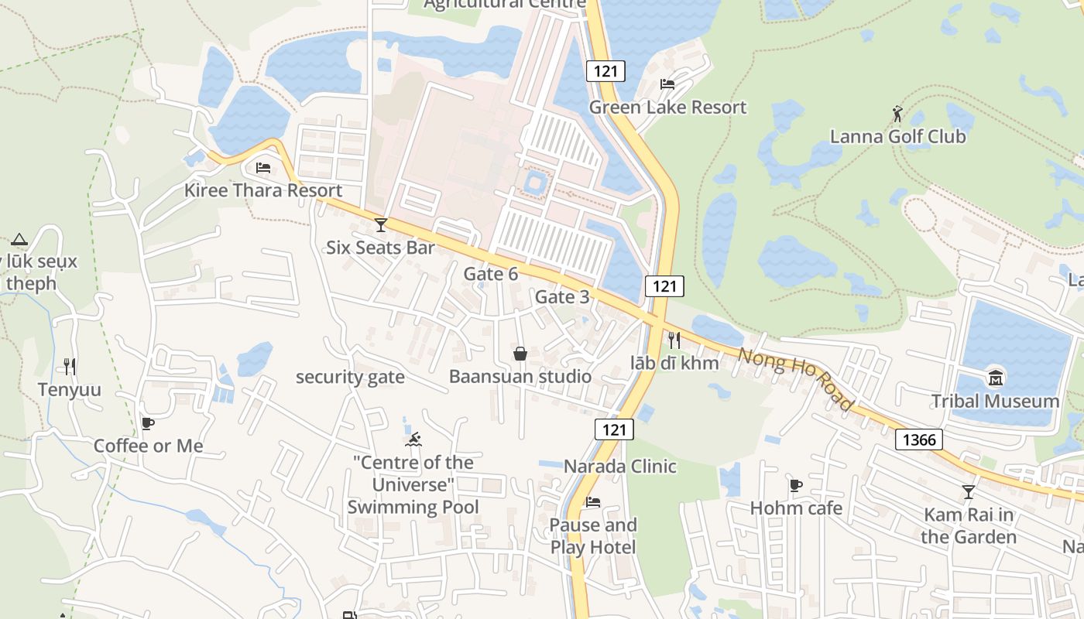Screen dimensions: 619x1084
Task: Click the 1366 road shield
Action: tap(919, 440)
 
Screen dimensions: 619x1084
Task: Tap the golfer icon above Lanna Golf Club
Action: tap(897, 114)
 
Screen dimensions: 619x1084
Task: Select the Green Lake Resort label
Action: tap(667, 107)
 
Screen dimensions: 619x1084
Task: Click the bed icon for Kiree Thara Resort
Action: tap(263, 167)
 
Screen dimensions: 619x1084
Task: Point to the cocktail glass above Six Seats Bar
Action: tap(380, 224)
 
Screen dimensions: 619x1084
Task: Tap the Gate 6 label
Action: tap(490, 274)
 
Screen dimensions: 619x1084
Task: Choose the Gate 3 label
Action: tap(562, 297)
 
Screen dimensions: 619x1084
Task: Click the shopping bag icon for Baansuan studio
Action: tap(520, 354)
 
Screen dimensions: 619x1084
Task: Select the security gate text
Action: tap(350, 377)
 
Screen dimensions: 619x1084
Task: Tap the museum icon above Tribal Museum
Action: tap(995, 378)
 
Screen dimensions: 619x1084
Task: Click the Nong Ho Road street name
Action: tap(796, 379)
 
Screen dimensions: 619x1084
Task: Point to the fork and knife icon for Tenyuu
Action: tap(70, 366)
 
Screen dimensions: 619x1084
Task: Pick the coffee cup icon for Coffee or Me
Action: tap(147, 423)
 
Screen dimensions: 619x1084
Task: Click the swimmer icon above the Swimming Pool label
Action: tap(413, 439)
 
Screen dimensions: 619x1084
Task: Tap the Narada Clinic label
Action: tap(619, 467)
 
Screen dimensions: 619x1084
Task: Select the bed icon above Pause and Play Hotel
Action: tap(592, 502)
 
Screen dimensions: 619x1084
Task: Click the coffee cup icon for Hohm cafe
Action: tap(795, 485)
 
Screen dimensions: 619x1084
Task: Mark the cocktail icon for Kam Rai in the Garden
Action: tap(968, 491)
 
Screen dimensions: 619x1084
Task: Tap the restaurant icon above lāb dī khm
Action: tap(674, 340)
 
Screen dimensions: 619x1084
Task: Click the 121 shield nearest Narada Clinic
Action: tap(614, 429)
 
